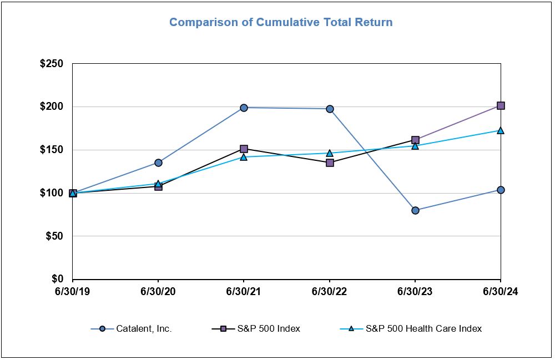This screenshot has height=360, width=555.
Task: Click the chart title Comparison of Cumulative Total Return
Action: click(281, 23)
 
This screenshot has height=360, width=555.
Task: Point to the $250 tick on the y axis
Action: click(52, 64)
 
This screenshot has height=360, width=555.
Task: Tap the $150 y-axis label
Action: click(52, 150)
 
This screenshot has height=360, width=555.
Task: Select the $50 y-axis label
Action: click(54, 236)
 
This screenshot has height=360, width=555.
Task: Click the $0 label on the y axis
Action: click(57, 279)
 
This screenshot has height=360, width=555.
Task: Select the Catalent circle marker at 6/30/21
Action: click(244, 108)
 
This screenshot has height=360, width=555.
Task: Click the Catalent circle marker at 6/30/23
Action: click(415, 210)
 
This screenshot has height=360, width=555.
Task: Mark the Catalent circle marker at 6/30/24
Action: click(501, 190)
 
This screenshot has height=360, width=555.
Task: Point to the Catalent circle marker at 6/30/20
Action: click(158, 163)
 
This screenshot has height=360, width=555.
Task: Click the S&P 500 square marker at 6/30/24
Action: click(501, 105)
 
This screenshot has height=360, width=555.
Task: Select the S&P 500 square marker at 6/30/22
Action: click(330, 163)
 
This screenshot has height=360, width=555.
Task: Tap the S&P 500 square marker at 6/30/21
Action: click(244, 149)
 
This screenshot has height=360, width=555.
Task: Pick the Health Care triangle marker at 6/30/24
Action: click(501, 130)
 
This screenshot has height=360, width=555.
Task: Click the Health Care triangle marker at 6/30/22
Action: click(330, 153)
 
